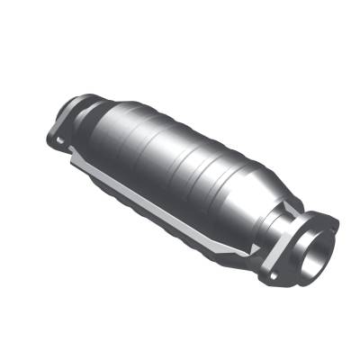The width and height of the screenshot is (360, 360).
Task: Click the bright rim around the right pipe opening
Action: pos(306,247)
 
